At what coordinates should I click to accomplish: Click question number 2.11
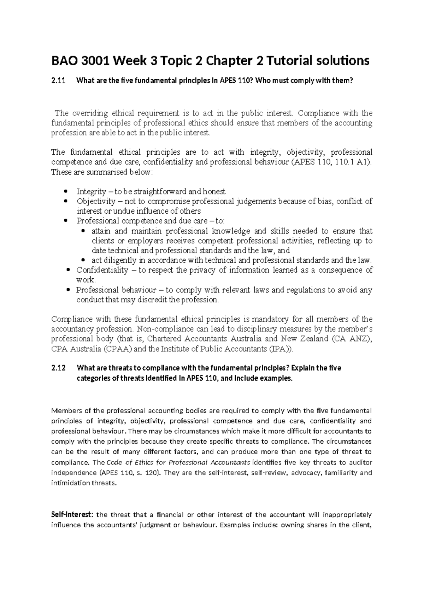pyautogui.click(x=59, y=81)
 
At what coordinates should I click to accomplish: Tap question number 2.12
pyautogui.click(x=59, y=368)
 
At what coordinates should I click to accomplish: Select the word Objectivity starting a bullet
pyautogui.click(x=96, y=202)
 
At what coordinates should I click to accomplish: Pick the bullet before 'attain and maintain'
pyautogui.click(x=83, y=231)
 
